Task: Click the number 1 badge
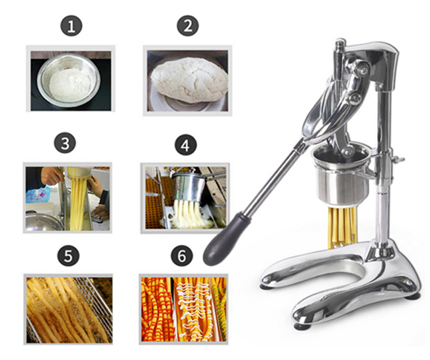point(71,26)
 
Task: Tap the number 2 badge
point(188,26)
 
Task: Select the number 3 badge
point(65,143)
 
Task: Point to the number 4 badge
point(186,145)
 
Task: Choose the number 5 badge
point(68,255)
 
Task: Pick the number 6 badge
point(182,255)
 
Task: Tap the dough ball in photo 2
point(189,80)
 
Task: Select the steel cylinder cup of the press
point(342,173)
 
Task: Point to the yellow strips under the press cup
point(342,226)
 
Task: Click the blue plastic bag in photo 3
point(38,194)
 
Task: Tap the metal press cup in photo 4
point(189,187)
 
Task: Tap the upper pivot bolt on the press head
point(364,71)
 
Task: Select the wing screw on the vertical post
point(398,159)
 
